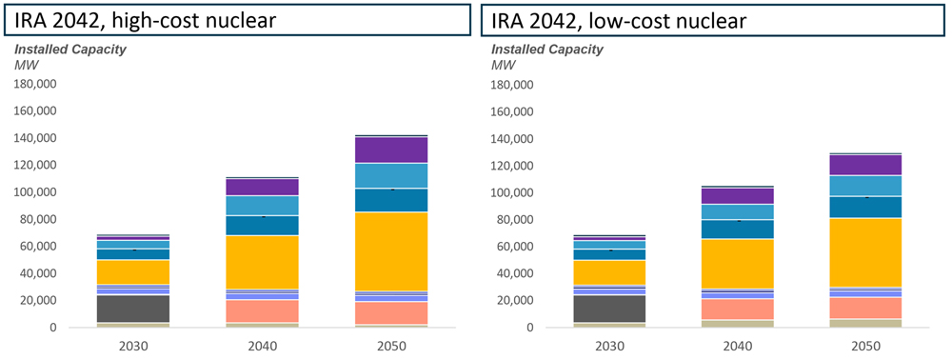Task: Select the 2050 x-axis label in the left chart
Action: (391, 346)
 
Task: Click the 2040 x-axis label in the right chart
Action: (738, 346)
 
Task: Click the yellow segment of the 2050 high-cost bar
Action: (391, 251)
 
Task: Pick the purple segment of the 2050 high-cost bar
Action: (391, 150)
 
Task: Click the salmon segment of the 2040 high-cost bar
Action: (262, 311)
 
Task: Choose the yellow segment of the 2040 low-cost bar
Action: (738, 264)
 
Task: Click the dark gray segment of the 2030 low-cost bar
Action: (608, 309)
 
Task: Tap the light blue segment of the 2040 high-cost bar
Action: (262, 206)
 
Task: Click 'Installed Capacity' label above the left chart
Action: (69, 50)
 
